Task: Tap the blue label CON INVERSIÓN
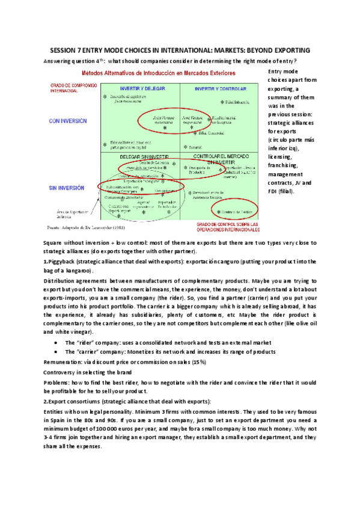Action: coord(68,121)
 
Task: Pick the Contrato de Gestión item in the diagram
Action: coord(235,211)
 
